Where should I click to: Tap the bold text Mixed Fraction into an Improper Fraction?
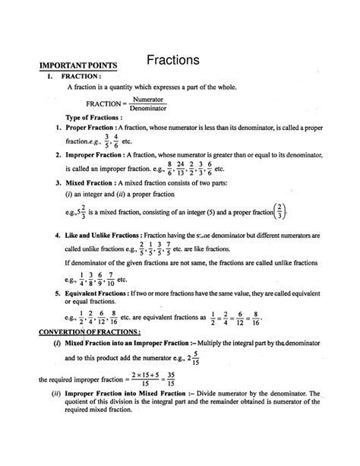(x=137, y=345)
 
